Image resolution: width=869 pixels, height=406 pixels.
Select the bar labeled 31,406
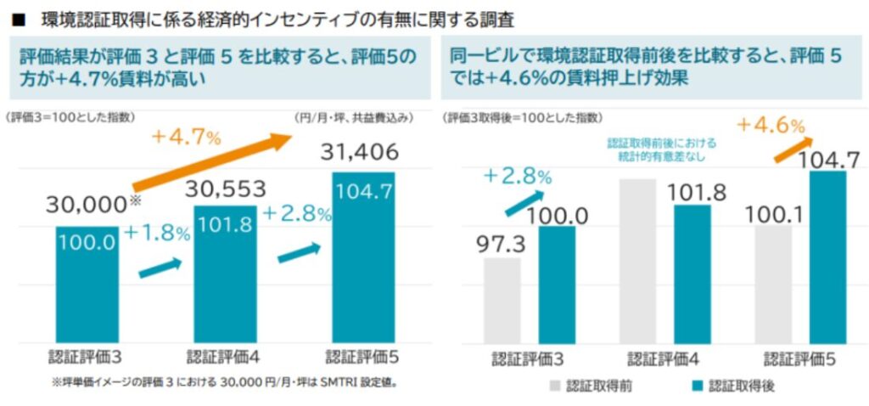[x=362, y=257]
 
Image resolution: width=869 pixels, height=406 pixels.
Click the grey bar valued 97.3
[x=502, y=300]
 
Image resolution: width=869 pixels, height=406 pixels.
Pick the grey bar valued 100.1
[x=772, y=284]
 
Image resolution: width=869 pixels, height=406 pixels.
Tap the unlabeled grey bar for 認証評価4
[x=637, y=260]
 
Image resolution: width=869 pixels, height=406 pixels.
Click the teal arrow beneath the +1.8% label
[x=161, y=268]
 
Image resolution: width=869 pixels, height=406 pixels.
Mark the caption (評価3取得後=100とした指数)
[x=518, y=117]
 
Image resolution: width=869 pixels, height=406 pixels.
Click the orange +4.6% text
[x=770, y=124]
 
